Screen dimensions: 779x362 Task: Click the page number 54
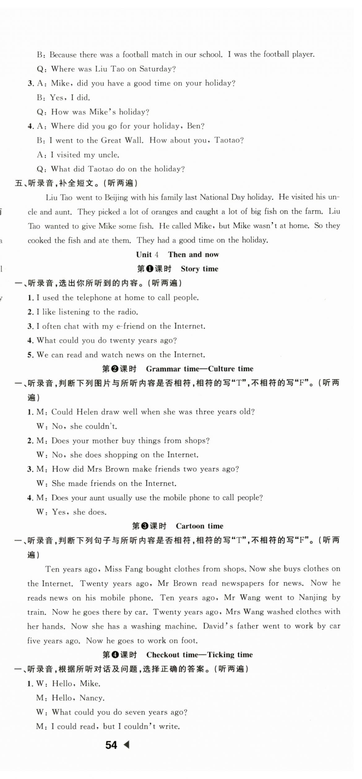tap(111, 745)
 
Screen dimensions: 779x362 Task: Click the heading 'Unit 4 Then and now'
tap(177, 254)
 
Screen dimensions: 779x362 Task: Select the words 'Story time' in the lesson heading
tap(200, 269)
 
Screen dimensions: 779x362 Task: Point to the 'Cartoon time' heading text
tap(200, 526)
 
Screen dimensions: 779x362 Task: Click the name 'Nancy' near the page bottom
tap(92, 698)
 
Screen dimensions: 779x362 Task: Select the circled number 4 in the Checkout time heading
tap(114, 655)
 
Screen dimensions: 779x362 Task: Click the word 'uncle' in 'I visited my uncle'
tap(108, 155)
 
